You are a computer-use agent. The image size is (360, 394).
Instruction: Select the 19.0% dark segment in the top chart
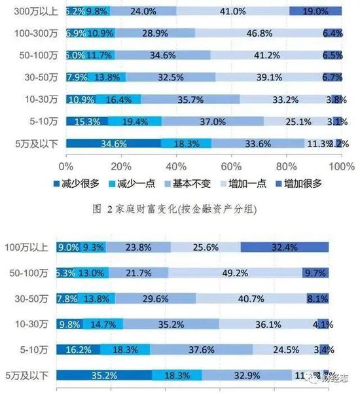pos(315,10)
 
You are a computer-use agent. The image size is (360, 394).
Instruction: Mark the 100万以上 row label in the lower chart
pos(30,248)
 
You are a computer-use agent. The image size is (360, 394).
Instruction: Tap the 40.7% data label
pos(270,299)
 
